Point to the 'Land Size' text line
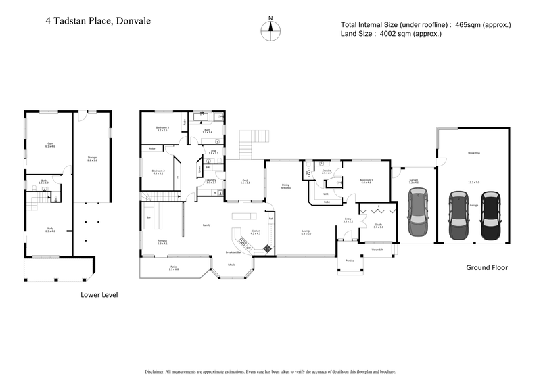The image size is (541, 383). [x=391, y=34]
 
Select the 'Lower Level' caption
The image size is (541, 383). [x=100, y=295]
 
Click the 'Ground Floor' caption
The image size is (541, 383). [x=486, y=267]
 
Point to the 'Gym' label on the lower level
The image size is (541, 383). [x=49, y=144]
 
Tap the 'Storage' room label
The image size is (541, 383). [x=92, y=158]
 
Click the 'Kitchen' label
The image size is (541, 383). [x=256, y=231]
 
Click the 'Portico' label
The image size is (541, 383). [x=350, y=261]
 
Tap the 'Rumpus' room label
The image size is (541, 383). [x=162, y=242]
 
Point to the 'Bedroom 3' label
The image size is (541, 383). [x=162, y=128]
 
